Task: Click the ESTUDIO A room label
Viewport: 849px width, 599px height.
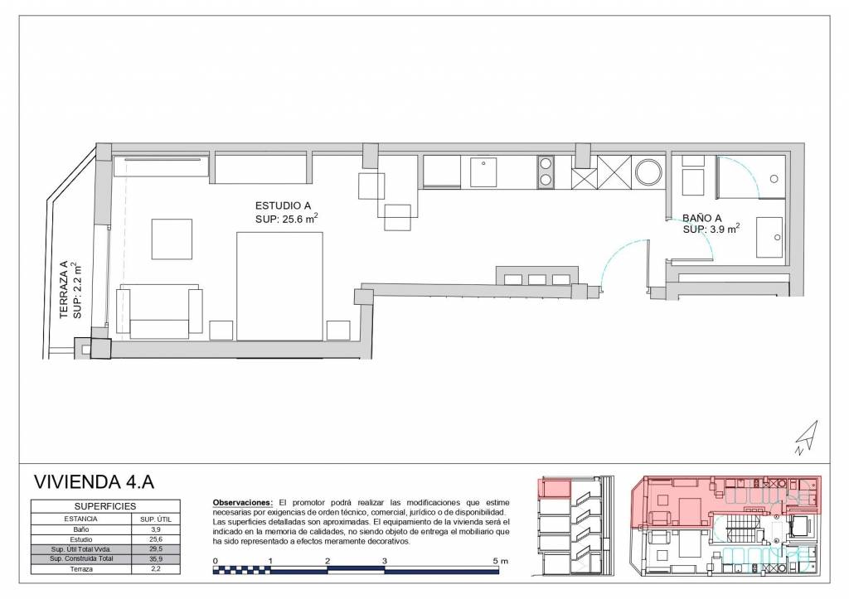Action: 284,205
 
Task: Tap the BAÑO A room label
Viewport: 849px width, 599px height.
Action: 701,218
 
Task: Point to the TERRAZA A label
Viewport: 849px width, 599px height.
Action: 65,289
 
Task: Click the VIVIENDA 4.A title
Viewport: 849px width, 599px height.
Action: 94,481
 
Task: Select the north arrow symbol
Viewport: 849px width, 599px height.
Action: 807,437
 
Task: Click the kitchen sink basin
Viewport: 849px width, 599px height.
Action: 483,172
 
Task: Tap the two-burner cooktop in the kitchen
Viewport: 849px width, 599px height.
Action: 546,172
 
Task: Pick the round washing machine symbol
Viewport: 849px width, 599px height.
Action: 648,172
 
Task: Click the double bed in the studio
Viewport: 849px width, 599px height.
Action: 280,286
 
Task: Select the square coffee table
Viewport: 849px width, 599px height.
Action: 172,239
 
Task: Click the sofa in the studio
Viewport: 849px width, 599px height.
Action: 160,312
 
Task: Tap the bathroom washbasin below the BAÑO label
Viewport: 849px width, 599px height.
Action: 769,238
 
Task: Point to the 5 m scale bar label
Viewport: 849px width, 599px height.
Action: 501,561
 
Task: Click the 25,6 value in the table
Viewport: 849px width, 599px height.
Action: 156,539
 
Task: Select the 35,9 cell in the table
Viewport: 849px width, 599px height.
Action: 156,559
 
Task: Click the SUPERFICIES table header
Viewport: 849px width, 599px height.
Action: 105,506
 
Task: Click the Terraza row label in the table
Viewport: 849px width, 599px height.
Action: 81,569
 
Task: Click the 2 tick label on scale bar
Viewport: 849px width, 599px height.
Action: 327,561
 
